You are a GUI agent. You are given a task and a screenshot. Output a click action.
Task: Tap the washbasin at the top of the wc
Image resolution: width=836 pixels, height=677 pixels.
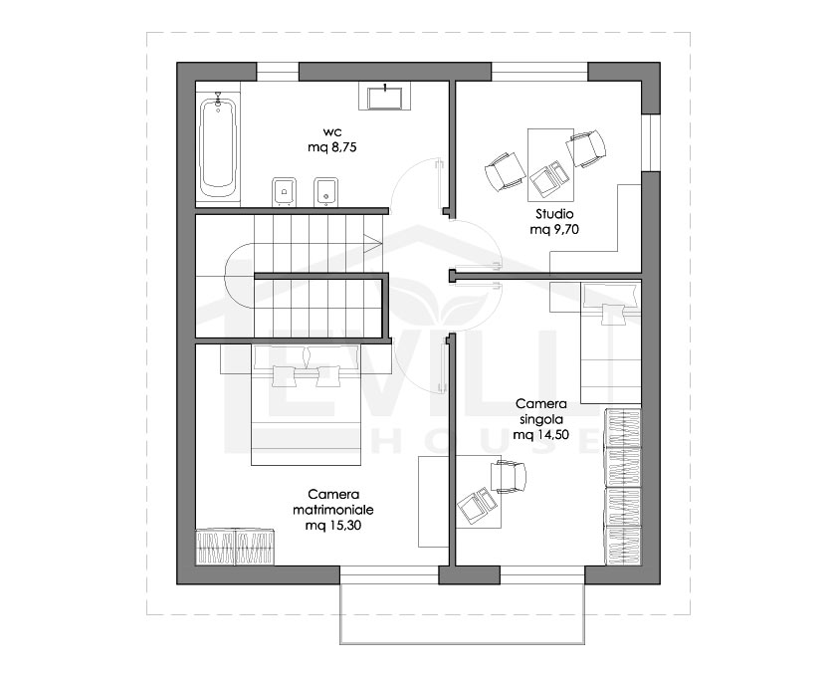384,98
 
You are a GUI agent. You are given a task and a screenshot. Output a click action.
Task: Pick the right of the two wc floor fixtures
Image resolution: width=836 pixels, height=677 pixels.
325,191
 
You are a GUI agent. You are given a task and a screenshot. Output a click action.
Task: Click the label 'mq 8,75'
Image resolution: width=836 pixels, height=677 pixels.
331,147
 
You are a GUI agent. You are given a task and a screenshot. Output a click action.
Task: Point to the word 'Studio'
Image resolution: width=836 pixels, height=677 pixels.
554,214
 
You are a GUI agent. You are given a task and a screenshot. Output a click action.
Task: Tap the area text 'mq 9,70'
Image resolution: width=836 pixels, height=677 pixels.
554,230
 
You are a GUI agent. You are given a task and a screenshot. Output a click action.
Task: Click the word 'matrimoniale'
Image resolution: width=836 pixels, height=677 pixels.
333,510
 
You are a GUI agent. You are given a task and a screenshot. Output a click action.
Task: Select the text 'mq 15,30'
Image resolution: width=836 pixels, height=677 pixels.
333,526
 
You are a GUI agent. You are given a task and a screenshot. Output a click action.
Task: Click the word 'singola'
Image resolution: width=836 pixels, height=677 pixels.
540,419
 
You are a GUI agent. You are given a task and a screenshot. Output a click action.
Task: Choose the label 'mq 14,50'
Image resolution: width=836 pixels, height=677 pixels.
540,435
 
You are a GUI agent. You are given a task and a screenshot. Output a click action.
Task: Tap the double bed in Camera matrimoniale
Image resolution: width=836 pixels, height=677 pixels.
307,405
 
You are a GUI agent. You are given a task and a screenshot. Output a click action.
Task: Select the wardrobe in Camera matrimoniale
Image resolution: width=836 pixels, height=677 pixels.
235,547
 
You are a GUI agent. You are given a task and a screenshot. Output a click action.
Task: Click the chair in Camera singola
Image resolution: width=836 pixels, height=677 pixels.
509,477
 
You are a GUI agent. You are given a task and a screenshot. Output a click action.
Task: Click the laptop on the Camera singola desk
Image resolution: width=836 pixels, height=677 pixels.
477,505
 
